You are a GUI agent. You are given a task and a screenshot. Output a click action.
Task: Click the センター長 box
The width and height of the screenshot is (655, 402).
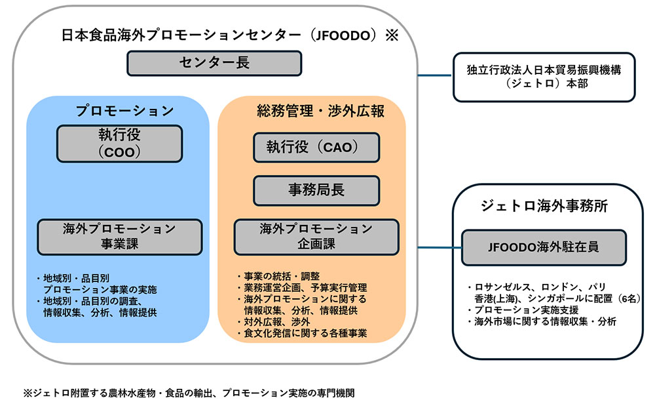[x=214, y=63]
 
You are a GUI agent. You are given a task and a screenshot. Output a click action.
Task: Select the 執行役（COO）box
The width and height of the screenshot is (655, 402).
[x=119, y=144]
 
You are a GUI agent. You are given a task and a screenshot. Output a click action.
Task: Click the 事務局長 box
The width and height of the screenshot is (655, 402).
[x=316, y=190]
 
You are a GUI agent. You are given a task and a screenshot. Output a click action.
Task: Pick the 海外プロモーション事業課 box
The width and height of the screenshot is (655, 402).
[x=119, y=237]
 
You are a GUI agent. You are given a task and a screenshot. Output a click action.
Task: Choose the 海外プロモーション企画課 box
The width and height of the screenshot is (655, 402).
[x=316, y=237]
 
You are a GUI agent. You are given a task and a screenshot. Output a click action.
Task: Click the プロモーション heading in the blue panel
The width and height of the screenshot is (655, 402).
[x=124, y=110]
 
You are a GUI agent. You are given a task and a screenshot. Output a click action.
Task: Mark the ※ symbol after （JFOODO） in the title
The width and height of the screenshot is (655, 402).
[x=391, y=35]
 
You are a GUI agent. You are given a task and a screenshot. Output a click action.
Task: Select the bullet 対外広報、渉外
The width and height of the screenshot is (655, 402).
[x=274, y=322]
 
